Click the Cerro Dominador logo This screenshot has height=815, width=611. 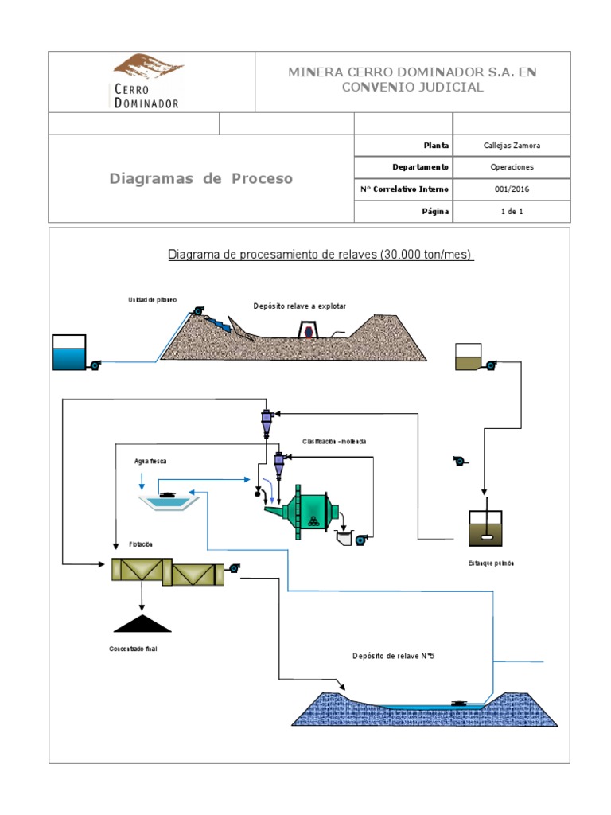(146, 80)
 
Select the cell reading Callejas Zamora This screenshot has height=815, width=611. (512, 146)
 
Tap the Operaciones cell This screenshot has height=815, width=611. (512, 167)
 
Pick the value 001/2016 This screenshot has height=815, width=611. (512, 189)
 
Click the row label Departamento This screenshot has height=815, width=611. (420, 167)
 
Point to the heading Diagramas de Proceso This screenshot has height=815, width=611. (200, 178)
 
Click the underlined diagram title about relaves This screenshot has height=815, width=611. (320, 255)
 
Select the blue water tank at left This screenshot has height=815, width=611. (69, 353)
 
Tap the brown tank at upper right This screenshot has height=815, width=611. (468, 357)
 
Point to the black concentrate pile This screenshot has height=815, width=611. (142, 624)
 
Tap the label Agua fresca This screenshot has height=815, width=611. (150, 462)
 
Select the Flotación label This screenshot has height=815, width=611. (140, 544)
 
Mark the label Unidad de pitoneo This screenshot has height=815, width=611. (153, 300)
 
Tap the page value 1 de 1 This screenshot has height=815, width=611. (512, 212)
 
